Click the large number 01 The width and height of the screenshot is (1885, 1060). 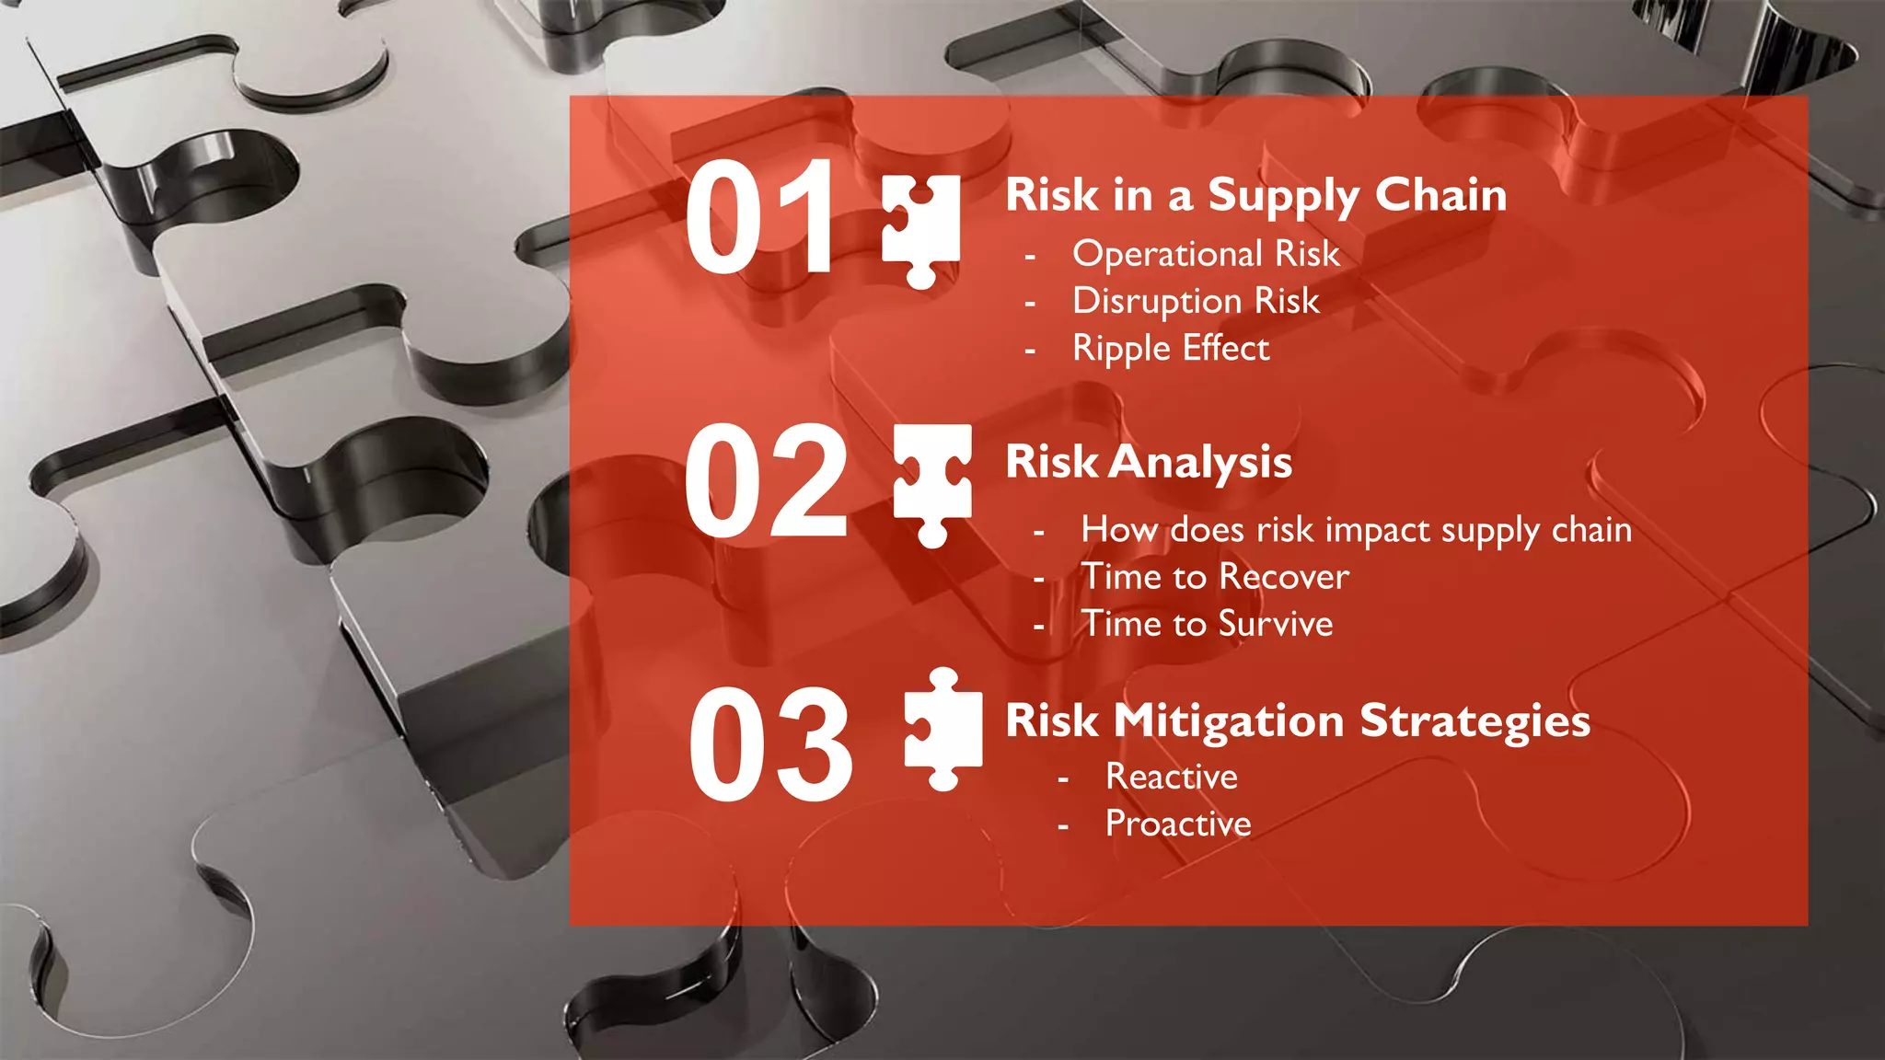pos(760,217)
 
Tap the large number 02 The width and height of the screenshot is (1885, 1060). pos(765,480)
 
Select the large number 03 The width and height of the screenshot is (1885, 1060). pos(770,743)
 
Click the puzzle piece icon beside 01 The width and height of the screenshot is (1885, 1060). pos(920,230)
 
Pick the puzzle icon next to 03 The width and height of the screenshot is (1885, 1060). pos(943,730)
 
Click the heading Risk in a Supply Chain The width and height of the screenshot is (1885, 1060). pos(1255,196)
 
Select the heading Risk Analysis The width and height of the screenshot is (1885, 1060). pos(1149,462)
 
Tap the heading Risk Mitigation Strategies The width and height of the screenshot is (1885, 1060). pos(1298,720)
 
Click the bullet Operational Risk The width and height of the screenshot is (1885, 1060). pos(1206,254)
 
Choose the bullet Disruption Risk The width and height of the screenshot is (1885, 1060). pos(1196,302)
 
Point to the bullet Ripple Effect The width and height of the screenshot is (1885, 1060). pos(1171,349)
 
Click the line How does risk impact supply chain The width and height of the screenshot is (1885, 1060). pos(1356,530)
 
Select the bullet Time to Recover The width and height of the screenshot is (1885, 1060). pos(1215,577)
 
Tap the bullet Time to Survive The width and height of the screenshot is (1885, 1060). pos(1207,625)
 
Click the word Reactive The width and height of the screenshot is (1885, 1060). pos(1171,778)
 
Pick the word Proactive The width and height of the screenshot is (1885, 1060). pos(1178,824)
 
